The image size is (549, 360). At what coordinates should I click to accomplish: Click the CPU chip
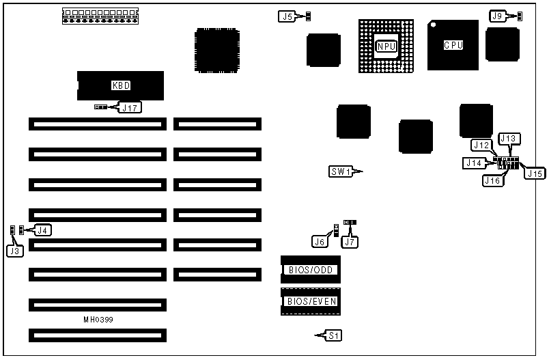pyautogui.click(x=453, y=45)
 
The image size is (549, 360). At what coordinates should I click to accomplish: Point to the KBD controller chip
pyautogui.click(x=120, y=85)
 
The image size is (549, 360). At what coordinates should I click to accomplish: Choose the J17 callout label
pyautogui.click(x=130, y=107)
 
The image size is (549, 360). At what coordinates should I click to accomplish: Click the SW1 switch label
pyautogui.click(x=340, y=171)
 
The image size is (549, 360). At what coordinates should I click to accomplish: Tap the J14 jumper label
pyautogui.click(x=473, y=163)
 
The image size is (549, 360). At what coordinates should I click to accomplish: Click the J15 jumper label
pyautogui.click(x=533, y=173)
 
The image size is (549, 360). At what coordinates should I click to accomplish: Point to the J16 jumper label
pyautogui.click(x=492, y=180)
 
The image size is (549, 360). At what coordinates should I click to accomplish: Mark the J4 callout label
pyautogui.click(x=42, y=230)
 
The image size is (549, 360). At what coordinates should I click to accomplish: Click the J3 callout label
pyautogui.click(x=14, y=251)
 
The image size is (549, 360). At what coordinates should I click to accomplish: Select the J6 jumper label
pyautogui.click(x=320, y=241)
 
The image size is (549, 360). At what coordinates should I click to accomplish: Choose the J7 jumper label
pyautogui.click(x=350, y=241)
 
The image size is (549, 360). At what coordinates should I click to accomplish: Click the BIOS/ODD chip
pyautogui.click(x=310, y=270)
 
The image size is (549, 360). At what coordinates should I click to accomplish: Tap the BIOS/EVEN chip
pyautogui.click(x=310, y=301)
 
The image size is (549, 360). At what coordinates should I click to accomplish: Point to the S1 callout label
pyautogui.click(x=333, y=335)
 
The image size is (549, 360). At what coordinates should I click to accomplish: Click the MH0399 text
pyautogui.click(x=98, y=319)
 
